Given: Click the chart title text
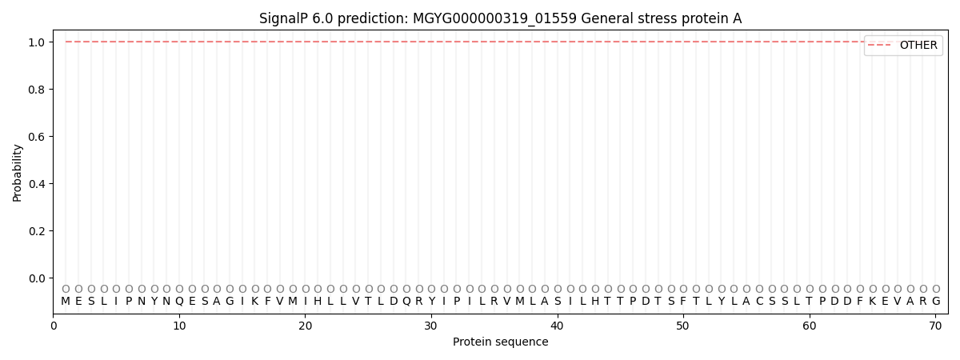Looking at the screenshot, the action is point(500,18).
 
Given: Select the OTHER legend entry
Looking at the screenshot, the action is point(903,45).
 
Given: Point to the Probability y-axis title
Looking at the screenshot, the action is point(17,173).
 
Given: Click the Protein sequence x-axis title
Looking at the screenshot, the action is point(500,342).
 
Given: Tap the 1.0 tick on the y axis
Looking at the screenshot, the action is point(37,42).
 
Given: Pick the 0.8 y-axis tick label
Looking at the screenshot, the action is point(37,90).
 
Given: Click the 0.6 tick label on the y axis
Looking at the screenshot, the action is point(37,137).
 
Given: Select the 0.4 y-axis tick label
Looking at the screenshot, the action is point(37,184).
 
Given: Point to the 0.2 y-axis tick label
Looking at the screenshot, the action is point(37,231).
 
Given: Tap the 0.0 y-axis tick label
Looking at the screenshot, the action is point(37,278).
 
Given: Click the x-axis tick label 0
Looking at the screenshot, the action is point(53,326).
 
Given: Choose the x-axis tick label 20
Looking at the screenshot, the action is point(305,326).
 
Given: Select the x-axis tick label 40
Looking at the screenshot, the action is point(557,326).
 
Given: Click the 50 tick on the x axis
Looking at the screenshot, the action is point(683,326).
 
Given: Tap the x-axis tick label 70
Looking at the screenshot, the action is point(935,326).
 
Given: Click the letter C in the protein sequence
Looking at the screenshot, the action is point(759,302).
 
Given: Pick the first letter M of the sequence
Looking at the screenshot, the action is point(66,302).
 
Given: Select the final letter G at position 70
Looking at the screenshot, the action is point(936,302).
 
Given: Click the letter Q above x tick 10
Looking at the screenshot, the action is point(179,302).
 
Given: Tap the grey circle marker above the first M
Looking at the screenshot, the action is point(66,289).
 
